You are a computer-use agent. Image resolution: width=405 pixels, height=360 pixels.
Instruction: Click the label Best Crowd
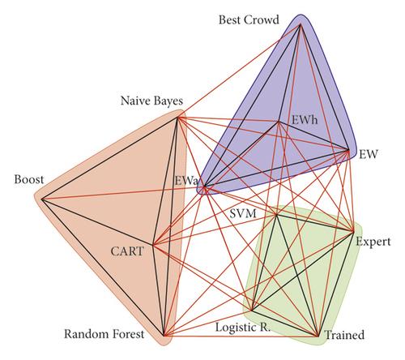(249, 20)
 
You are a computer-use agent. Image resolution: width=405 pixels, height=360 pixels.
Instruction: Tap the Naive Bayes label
(151, 101)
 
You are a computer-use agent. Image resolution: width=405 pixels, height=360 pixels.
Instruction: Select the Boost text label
(29, 179)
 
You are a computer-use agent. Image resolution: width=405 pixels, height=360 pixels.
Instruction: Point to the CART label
(127, 251)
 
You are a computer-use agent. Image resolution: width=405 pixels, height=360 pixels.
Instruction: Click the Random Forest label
(104, 334)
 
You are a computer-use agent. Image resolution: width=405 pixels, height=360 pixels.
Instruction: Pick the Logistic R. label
(243, 328)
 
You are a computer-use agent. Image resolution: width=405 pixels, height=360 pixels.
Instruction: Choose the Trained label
(344, 335)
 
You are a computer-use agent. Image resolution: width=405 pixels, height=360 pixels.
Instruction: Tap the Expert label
(373, 242)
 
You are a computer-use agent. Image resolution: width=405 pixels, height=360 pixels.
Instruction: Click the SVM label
(243, 214)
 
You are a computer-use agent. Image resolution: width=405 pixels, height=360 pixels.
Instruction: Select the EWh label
(305, 120)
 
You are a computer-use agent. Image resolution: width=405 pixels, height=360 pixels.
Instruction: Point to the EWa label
(186, 181)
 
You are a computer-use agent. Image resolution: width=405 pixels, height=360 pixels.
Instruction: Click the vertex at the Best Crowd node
(301, 24)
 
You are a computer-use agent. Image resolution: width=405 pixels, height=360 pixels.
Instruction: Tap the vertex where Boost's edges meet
(42, 199)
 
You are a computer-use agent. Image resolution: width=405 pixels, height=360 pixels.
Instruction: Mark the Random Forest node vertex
(164, 336)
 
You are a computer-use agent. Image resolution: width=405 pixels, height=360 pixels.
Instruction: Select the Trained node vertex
(318, 336)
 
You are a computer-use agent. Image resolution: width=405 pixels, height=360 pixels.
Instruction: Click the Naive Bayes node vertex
(177, 118)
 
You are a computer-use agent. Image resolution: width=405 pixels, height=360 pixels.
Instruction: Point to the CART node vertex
(153, 245)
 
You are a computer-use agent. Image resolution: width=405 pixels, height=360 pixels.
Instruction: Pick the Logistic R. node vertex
(251, 311)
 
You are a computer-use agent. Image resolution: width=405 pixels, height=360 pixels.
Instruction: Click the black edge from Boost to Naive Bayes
(109, 159)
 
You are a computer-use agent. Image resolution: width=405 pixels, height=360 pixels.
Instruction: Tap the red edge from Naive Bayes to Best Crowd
(239, 71)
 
